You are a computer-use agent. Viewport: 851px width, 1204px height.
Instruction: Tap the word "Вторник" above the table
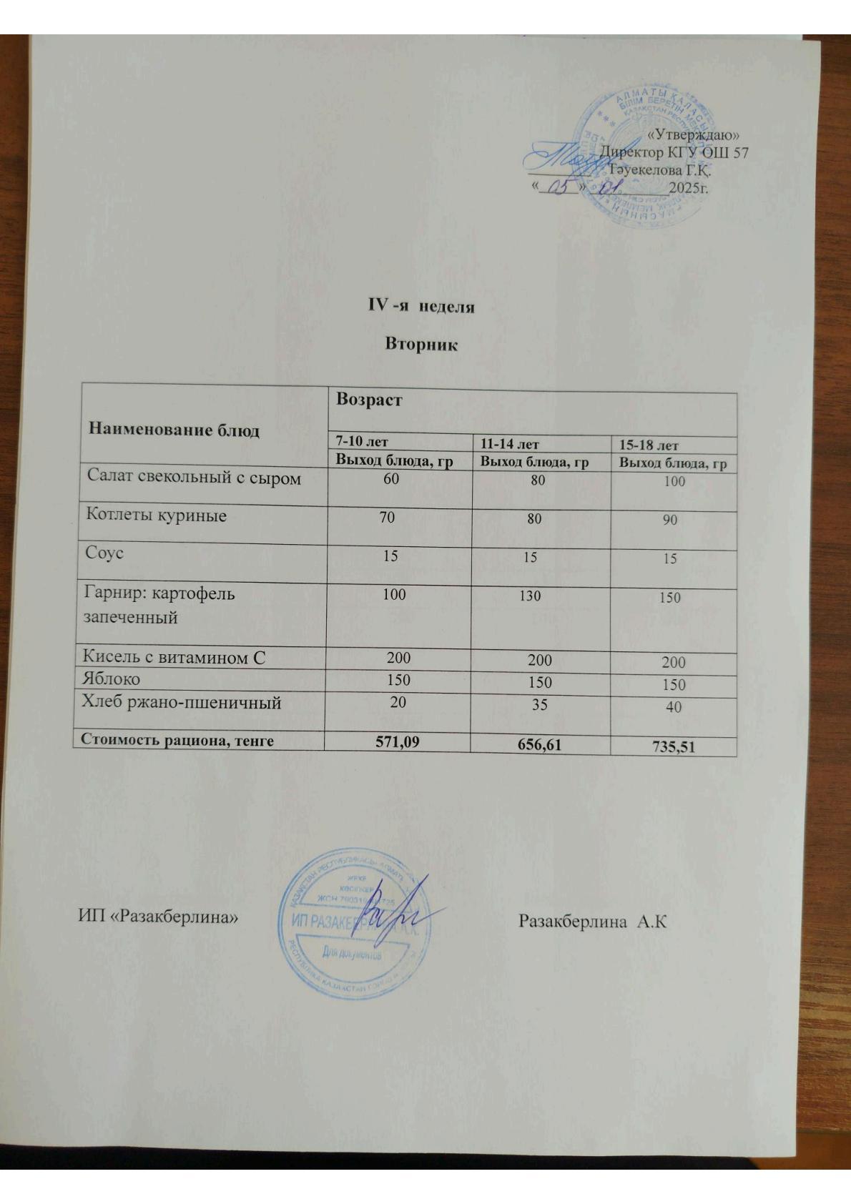tap(420, 345)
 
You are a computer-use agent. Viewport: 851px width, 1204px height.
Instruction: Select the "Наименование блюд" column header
tap(173, 430)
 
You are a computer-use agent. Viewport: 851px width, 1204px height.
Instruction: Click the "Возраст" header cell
tap(369, 400)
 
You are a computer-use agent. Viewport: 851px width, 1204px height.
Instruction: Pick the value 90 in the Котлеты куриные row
tap(669, 520)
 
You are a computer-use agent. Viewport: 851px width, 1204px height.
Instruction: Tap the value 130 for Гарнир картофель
tap(530, 596)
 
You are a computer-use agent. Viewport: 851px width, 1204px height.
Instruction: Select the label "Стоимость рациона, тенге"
tap(177, 740)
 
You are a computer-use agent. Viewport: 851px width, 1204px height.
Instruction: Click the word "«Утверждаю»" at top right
tap(692, 134)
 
